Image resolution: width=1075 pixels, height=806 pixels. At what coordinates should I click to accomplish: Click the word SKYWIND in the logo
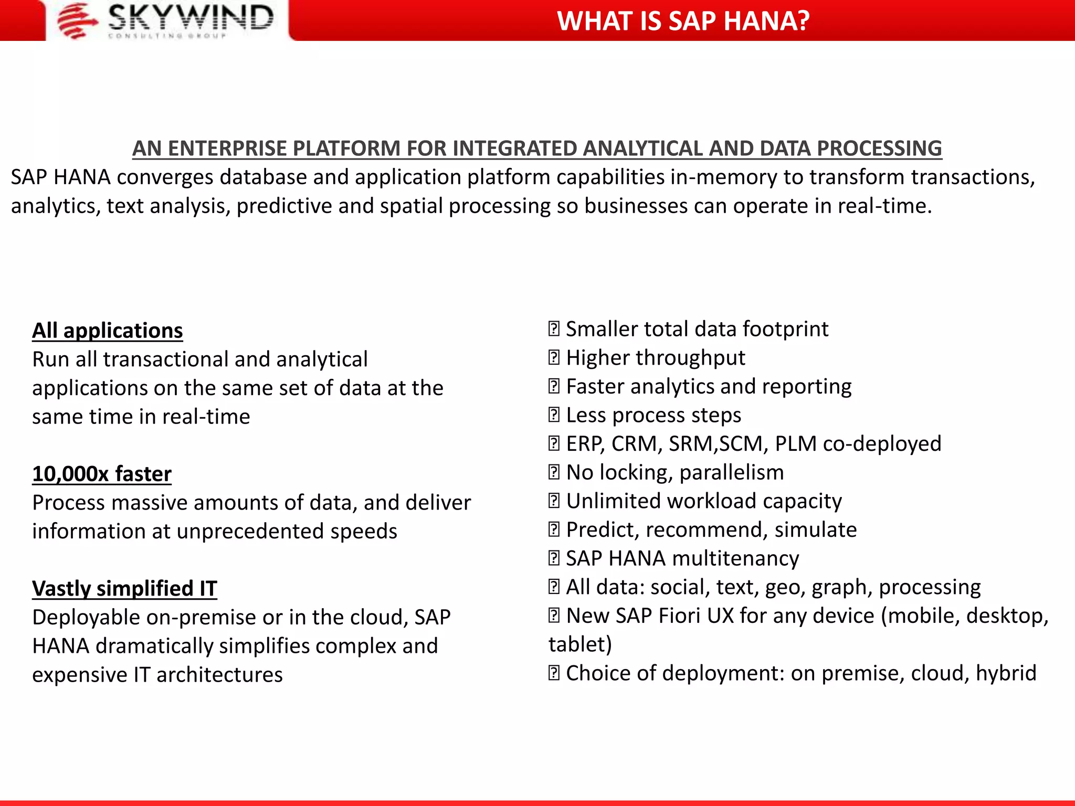coord(191,17)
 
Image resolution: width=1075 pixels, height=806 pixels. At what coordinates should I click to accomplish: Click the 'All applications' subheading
coord(108,331)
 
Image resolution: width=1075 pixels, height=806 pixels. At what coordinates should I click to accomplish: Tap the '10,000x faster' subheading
coord(102,474)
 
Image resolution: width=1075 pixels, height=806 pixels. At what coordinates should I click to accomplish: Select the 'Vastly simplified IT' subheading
coord(124,589)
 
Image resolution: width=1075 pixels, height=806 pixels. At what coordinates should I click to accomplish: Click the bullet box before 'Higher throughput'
coord(554,358)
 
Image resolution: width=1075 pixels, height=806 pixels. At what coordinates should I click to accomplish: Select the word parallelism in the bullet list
coord(731,473)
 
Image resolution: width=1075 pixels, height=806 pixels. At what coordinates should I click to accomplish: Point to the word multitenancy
coord(735,559)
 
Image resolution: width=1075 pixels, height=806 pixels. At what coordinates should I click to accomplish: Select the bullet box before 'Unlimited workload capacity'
coord(554,501)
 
